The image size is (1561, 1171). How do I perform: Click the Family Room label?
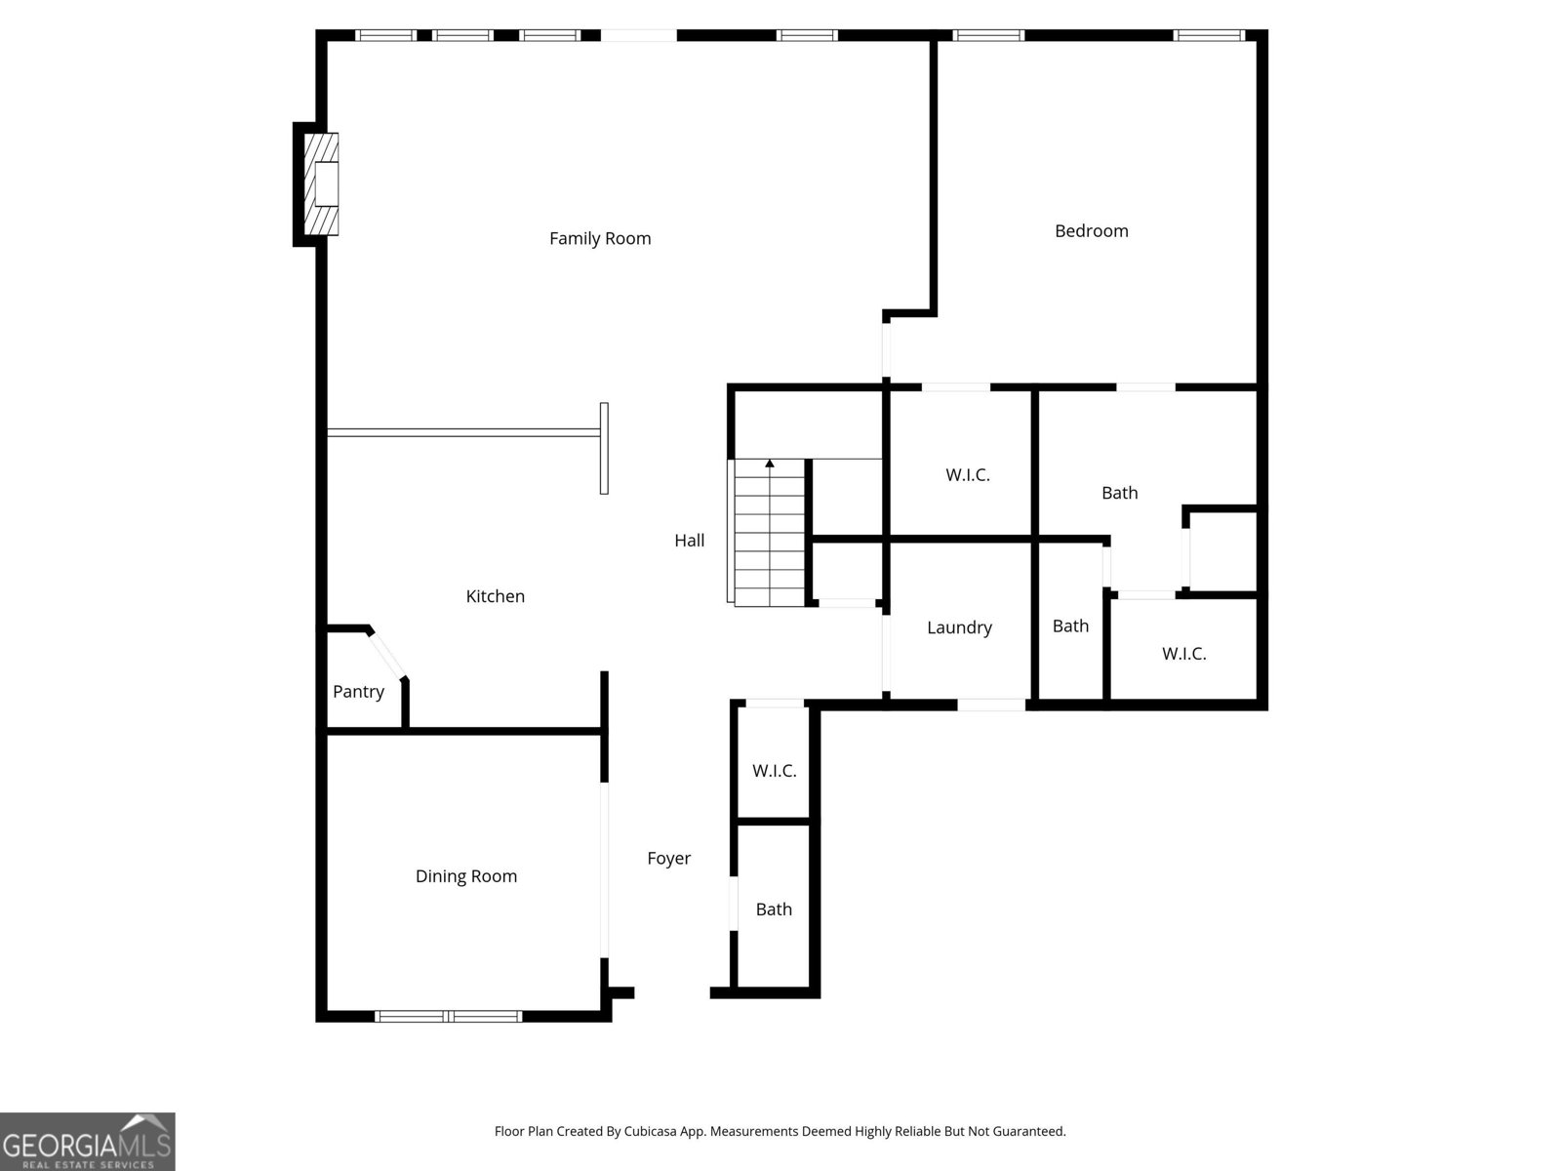[x=599, y=238]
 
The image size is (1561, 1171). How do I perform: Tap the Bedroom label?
[x=1091, y=231]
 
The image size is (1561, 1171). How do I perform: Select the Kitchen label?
[x=495, y=596]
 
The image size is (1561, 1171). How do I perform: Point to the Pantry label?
[x=358, y=692]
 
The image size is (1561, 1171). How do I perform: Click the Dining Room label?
[x=465, y=876]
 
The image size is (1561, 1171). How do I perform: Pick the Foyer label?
[x=668, y=859]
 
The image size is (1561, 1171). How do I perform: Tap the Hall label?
[x=689, y=541]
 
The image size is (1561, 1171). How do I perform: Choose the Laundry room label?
[x=959, y=627]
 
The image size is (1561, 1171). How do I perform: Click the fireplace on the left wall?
[x=323, y=184]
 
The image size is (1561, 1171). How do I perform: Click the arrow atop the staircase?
[x=770, y=464]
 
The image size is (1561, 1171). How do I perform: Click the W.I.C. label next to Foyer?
[x=774, y=771]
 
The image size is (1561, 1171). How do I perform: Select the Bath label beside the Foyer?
[x=774, y=909]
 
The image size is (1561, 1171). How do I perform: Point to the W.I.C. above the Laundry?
[x=967, y=475]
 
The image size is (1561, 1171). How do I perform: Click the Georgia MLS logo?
[x=87, y=1142]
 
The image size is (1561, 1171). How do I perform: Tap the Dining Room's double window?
[x=449, y=1016]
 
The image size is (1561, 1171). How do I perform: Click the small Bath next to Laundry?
[x=1070, y=626]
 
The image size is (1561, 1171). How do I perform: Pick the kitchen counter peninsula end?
[x=604, y=449]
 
